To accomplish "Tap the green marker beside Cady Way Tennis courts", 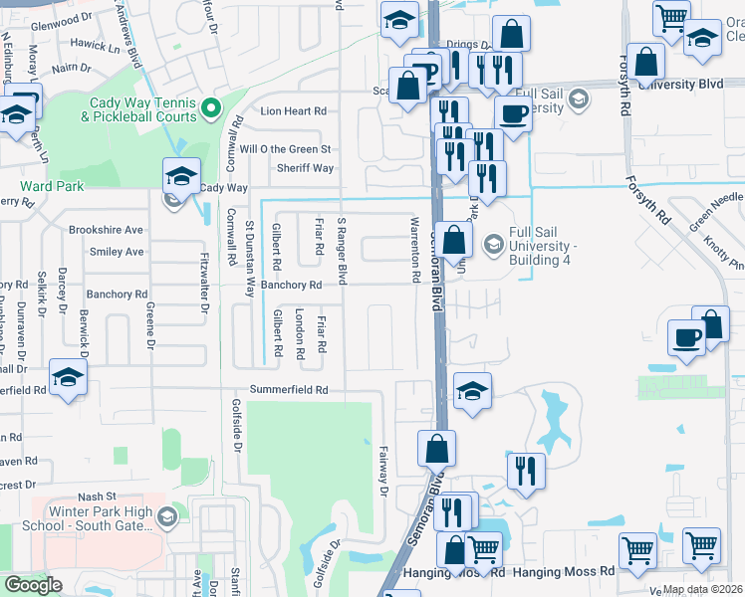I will [210, 107].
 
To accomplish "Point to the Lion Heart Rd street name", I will [293, 111].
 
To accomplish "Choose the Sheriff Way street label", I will [305, 168].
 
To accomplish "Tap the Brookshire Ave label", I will [106, 230].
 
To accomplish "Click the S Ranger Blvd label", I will [342, 250].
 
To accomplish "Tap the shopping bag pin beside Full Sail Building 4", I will [454, 240].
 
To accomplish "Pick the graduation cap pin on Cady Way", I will [181, 175].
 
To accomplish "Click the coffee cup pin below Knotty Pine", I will [686, 336].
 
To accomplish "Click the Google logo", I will [34, 585].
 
